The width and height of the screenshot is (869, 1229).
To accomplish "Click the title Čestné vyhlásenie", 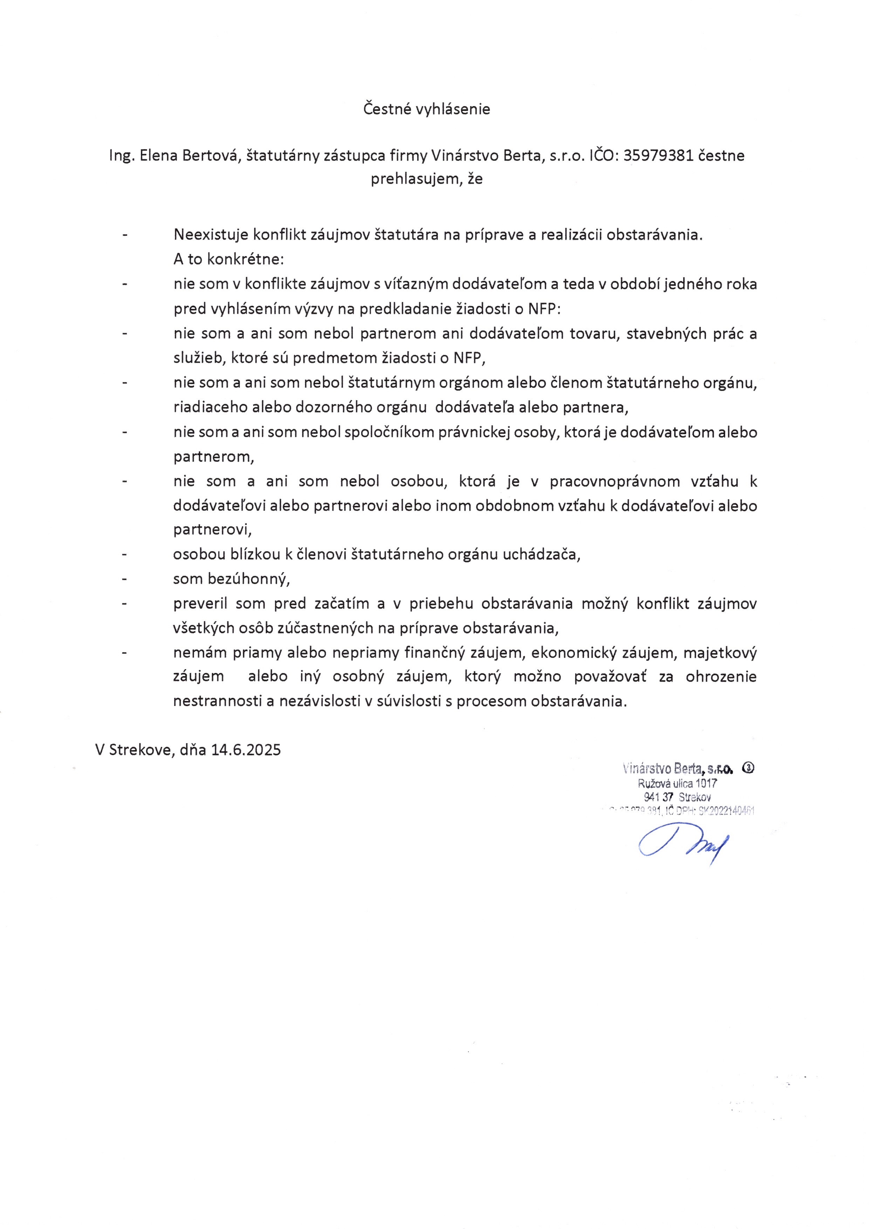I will click(x=427, y=109).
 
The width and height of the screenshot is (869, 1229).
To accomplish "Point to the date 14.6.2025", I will click(x=246, y=749).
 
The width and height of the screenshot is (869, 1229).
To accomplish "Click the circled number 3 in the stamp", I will click(x=748, y=768).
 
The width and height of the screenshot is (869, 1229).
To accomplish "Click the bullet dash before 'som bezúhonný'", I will click(x=124, y=579).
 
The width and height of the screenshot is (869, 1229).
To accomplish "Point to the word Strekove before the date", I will click(x=141, y=749).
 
